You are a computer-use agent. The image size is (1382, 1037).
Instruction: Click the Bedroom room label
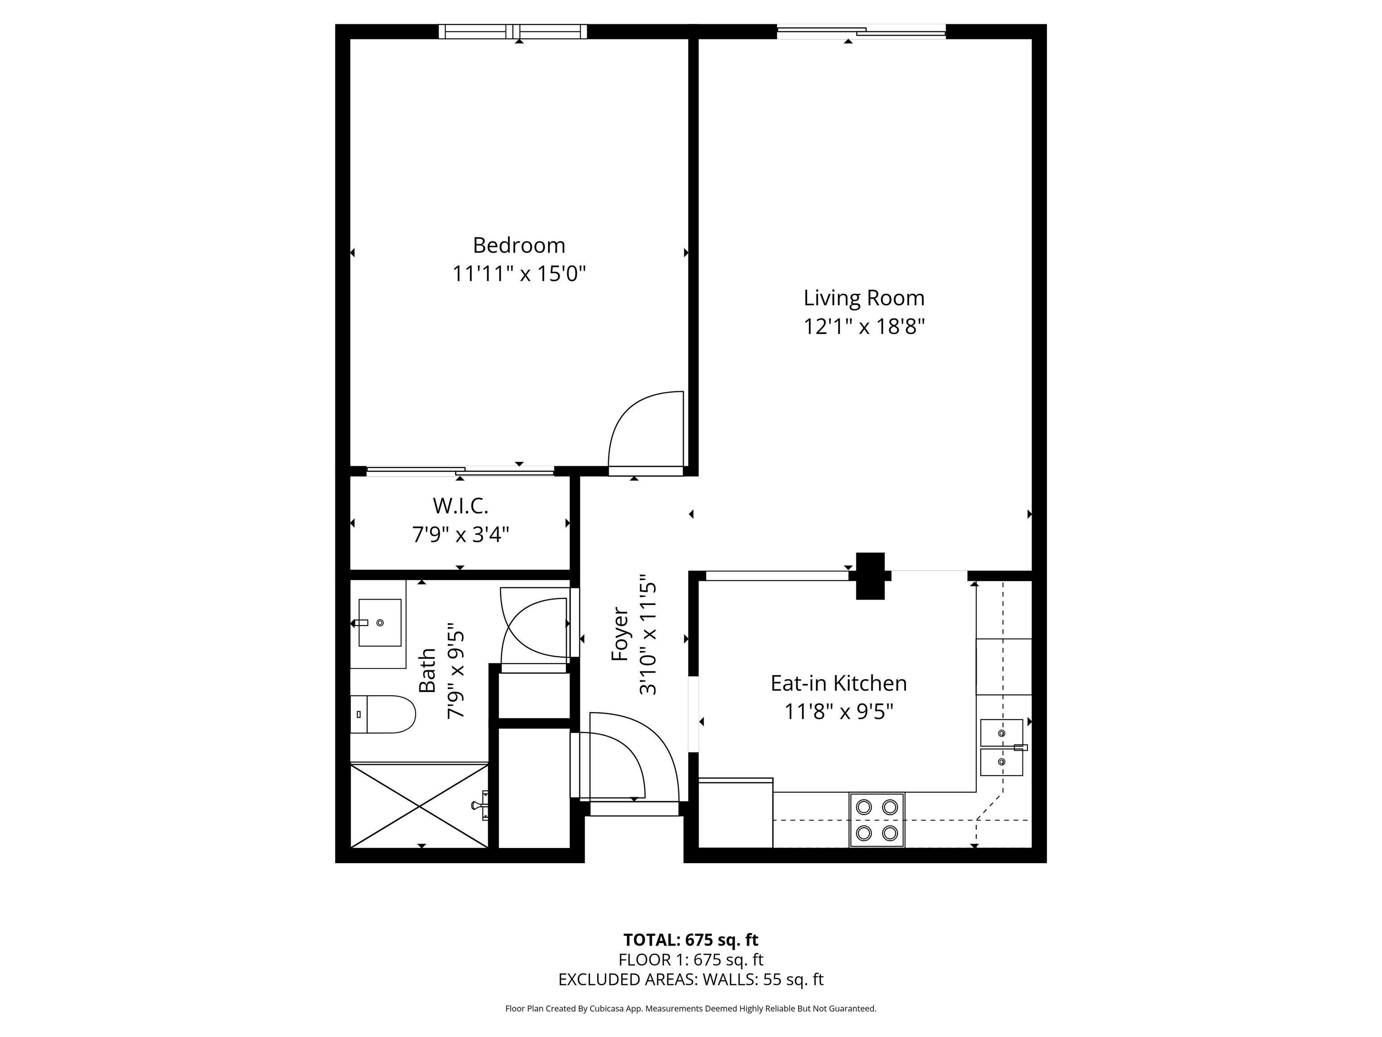[519, 245]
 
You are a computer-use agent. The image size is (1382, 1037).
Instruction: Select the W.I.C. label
[461, 505]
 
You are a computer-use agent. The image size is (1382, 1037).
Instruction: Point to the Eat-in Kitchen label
[839, 683]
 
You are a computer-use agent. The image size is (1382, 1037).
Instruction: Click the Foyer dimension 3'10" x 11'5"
[648, 635]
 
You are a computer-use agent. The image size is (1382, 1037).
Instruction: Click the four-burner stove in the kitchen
[876, 820]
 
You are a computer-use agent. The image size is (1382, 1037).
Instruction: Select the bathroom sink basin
[380, 622]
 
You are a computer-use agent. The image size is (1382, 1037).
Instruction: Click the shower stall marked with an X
[418, 805]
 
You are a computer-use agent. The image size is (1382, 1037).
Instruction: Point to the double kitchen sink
[1001, 747]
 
